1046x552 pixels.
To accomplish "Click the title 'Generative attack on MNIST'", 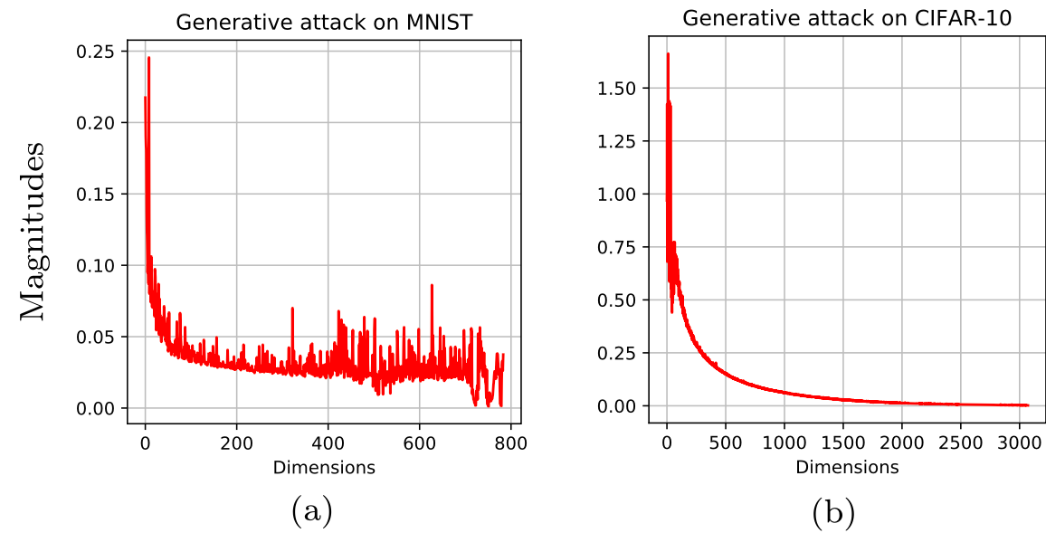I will point(324,22).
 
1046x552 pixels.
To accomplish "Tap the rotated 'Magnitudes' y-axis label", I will point(33,230).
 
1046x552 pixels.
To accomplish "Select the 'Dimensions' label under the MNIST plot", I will point(324,468).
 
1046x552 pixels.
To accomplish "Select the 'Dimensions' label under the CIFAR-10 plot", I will point(847,467).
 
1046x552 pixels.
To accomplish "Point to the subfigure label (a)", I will point(312,512).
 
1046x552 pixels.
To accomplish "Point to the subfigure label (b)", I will point(833,512).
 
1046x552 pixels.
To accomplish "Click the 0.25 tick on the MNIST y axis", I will point(99,51).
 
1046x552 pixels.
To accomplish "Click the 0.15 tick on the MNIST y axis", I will point(99,194).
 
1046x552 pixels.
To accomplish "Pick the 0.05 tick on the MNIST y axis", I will point(99,337).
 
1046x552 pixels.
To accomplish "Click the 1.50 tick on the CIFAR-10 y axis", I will point(618,88).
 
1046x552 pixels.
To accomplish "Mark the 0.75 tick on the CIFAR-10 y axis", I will point(618,247).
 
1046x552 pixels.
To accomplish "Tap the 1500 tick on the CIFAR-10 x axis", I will point(842,443).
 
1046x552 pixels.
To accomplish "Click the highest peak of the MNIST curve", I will point(148,58).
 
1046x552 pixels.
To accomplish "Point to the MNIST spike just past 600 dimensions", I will point(432,285).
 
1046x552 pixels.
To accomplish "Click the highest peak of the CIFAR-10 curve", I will point(668,54).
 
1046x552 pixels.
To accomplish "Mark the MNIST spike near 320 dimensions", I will point(292,309).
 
